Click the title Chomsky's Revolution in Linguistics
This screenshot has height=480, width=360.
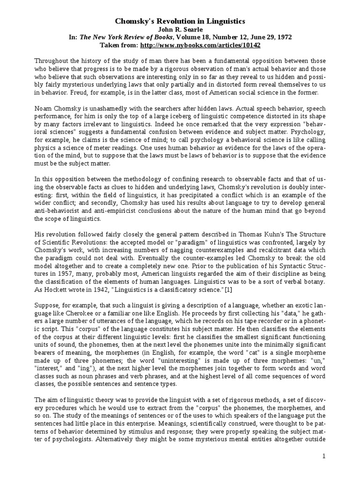tap(180, 22)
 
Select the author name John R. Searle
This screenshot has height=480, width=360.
tap(180, 30)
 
